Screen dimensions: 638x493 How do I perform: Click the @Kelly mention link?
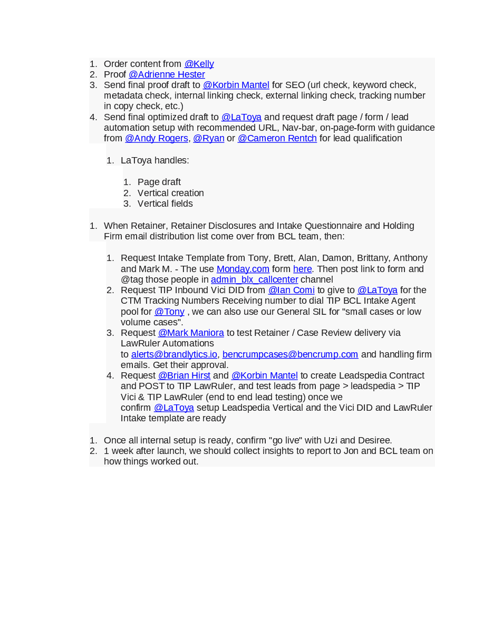pyautogui.click(x=199, y=64)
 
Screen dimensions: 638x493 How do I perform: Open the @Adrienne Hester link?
pyautogui.click(x=167, y=75)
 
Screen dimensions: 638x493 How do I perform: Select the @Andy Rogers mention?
pyautogui.click(x=156, y=139)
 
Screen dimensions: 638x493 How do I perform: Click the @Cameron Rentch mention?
pyautogui.click(x=277, y=139)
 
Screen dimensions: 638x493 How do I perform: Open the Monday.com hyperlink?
pyautogui.click(x=243, y=269)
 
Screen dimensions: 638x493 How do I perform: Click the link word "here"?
pyautogui.click(x=302, y=269)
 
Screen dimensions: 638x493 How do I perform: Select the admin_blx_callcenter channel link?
pyautogui.click(x=254, y=279)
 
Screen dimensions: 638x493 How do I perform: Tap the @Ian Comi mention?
pyautogui.click(x=291, y=290)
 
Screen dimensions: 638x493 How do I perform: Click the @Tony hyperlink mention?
pyautogui.click(x=169, y=312)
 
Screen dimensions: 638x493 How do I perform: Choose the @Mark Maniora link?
pyautogui.click(x=191, y=333)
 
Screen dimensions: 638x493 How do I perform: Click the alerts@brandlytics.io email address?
pyautogui.click(x=174, y=354)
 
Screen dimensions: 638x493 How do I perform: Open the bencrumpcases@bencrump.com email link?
pyautogui.click(x=290, y=354)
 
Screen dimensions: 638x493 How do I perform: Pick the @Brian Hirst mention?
pyautogui.click(x=184, y=375)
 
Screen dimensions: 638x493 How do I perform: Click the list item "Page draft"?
pyautogui.click(x=159, y=182)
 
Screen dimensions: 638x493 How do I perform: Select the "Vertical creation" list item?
pyautogui.click(x=170, y=193)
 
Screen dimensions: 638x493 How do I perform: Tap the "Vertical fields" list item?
pyautogui.click(x=165, y=204)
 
